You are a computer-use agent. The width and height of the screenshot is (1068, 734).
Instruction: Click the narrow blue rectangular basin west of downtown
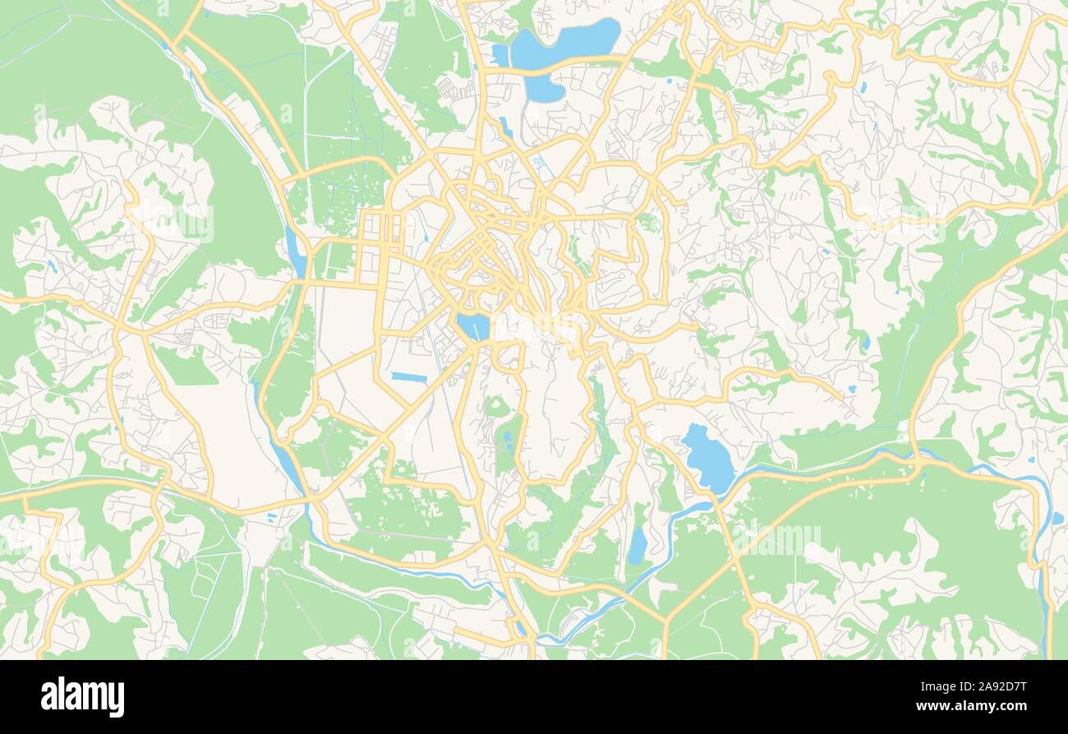[409, 377]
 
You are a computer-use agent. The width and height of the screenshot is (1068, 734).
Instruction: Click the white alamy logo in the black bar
[82, 697]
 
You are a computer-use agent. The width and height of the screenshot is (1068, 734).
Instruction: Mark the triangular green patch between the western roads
[184, 367]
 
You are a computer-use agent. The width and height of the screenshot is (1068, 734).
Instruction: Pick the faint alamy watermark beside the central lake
[534, 325]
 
